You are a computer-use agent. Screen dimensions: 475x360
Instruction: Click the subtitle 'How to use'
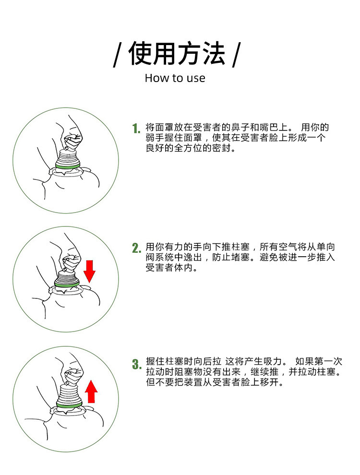[x=175, y=78]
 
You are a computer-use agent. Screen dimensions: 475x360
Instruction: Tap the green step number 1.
[x=136, y=129]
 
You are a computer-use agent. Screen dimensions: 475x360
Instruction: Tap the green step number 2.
[x=136, y=248]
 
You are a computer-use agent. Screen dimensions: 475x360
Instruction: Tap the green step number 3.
[x=136, y=364]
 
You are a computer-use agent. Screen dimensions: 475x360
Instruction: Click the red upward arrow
[x=92, y=392]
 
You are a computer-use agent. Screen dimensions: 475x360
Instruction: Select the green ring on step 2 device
[x=67, y=284]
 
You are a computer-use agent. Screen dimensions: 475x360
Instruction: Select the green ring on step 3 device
[x=68, y=405]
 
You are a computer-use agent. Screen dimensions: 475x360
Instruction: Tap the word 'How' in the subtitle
[x=156, y=78]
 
